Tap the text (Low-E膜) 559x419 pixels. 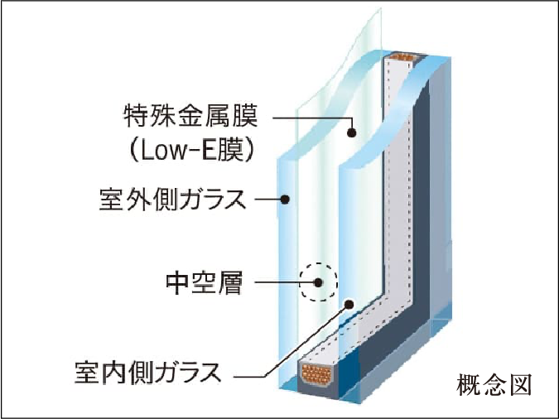190,152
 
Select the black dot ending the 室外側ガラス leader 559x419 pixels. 284,199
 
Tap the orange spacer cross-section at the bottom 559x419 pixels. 319,376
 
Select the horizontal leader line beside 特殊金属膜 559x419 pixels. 311,116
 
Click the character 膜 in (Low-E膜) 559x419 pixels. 234,152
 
